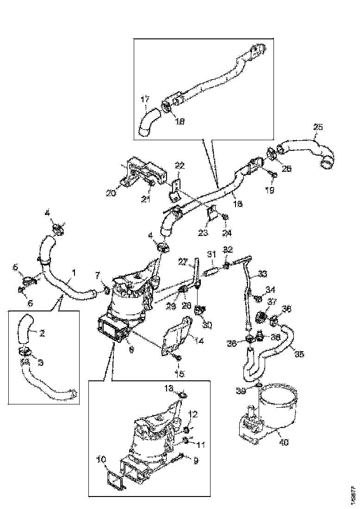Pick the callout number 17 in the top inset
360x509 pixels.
pyautogui.click(x=145, y=99)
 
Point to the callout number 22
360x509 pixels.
pyautogui.click(x=180, y=166)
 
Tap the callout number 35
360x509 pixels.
pyautogui.click(x=299, y=355)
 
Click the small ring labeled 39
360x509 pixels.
pyautogui.click(x=259, y=385)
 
